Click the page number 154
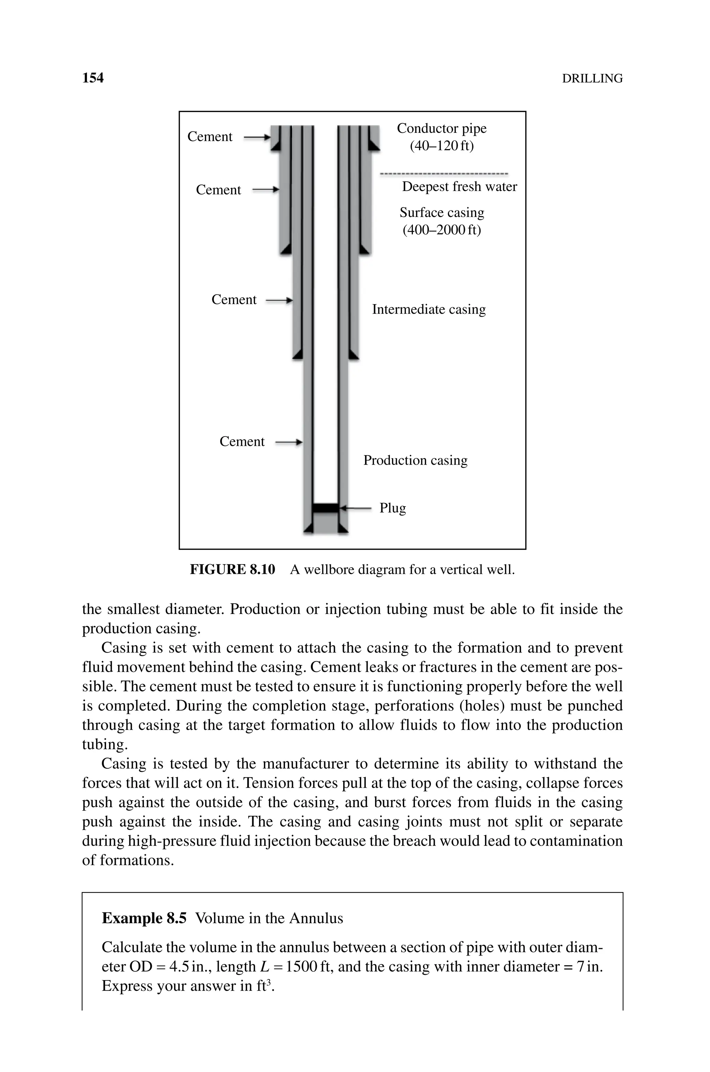tap(93, 78)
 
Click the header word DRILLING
tap(592, 79)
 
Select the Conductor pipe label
tap(441, 129)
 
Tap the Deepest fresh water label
tap(459, 187)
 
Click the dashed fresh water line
tap(444, 174)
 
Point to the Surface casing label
tap(441, 213)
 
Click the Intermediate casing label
tap(428, 310)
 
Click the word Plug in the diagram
tap(392, 508)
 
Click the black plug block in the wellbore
tap(326, 508)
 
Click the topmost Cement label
tap(210, 137)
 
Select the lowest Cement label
tap(242, 442)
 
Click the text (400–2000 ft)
tap(441, 230)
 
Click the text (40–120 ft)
tap(441, 146)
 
